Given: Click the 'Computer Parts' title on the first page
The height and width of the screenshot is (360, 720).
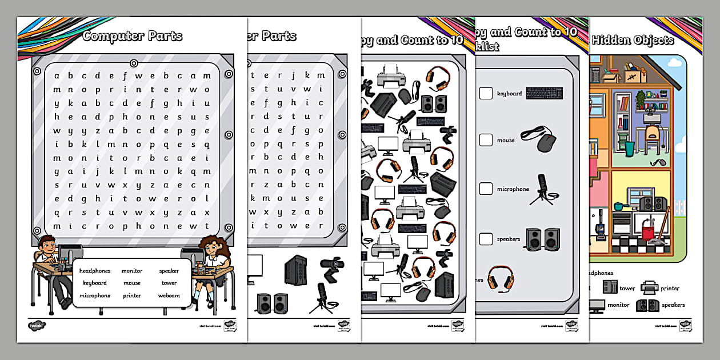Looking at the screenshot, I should tap(132, 36).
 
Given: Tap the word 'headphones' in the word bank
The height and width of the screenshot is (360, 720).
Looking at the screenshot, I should tap(95, 270).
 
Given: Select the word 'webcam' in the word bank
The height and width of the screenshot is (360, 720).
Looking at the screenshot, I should tap(169, 295).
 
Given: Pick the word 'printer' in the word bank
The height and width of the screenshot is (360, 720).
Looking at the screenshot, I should tap(132, 295).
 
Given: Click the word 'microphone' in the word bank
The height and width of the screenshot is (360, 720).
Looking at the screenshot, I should tap(95, 295).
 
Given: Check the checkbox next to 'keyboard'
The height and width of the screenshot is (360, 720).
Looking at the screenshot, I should tap(486, 93).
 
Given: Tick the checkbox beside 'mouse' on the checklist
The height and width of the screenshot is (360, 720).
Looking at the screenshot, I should tap(486, 140).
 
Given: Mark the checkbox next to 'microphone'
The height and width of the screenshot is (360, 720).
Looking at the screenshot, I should tap(486, 189).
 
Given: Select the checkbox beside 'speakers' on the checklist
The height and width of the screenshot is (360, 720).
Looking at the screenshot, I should tap(486, 239).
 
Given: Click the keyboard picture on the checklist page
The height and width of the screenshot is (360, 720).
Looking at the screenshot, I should tap(544, 93).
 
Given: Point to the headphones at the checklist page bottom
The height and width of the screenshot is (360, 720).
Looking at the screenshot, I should tap(501, 278).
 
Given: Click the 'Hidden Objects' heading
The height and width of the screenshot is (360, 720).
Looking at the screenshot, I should tap(633, 40).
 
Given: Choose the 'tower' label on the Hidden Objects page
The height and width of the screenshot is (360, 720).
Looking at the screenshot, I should tap(627, 289).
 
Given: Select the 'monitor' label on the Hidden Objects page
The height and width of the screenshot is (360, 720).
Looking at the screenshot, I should tap(618, 305).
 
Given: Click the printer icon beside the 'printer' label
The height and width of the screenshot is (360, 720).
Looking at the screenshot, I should tap(649, 287).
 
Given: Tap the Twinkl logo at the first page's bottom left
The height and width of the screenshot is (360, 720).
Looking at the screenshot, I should tap(37, 326).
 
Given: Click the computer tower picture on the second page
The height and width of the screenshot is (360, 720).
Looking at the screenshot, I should tap(296, 270).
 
